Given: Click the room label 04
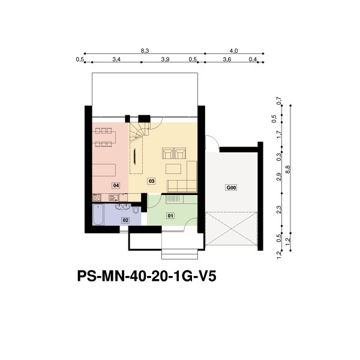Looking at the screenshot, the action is point(116,185).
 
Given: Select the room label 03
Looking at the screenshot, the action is point(152,181).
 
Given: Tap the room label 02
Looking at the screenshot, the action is point(125,220).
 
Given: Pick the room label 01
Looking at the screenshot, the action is point(170,215).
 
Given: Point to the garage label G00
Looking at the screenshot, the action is point(231,188).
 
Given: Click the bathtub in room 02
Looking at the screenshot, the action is point(98,215).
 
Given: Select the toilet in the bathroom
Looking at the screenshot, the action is point(136,210).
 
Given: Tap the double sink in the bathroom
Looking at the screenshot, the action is point(123,206).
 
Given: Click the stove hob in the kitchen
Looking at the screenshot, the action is point(97,197).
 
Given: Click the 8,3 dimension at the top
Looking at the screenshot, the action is point(145,51).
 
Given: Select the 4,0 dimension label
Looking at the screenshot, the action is point(234,51).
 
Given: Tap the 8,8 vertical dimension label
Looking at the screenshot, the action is point(288,170).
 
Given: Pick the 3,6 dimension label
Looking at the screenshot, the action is point(227,59).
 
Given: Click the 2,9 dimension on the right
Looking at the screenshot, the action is point(279,177).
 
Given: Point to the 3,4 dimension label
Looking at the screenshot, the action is point(116,59).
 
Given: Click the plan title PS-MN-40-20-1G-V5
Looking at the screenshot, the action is point(147,276).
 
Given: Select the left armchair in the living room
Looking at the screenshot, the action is point(167,154).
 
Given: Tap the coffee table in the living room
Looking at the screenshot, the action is point(173,169).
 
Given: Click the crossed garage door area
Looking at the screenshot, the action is point(231,229).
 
